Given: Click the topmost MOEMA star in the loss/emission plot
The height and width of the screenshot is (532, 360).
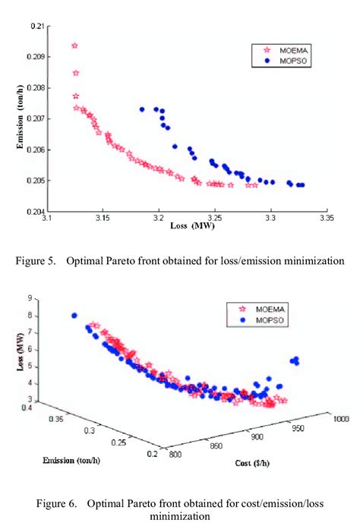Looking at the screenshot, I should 75,46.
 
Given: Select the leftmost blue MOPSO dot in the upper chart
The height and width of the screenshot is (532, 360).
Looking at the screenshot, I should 142,109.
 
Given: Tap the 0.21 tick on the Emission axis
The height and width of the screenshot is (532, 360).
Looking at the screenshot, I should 36,26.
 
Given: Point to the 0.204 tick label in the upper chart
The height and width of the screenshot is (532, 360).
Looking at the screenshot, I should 34,212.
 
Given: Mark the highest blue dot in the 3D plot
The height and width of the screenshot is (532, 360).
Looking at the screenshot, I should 74,316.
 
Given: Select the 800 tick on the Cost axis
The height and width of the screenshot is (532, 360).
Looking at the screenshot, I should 173,454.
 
